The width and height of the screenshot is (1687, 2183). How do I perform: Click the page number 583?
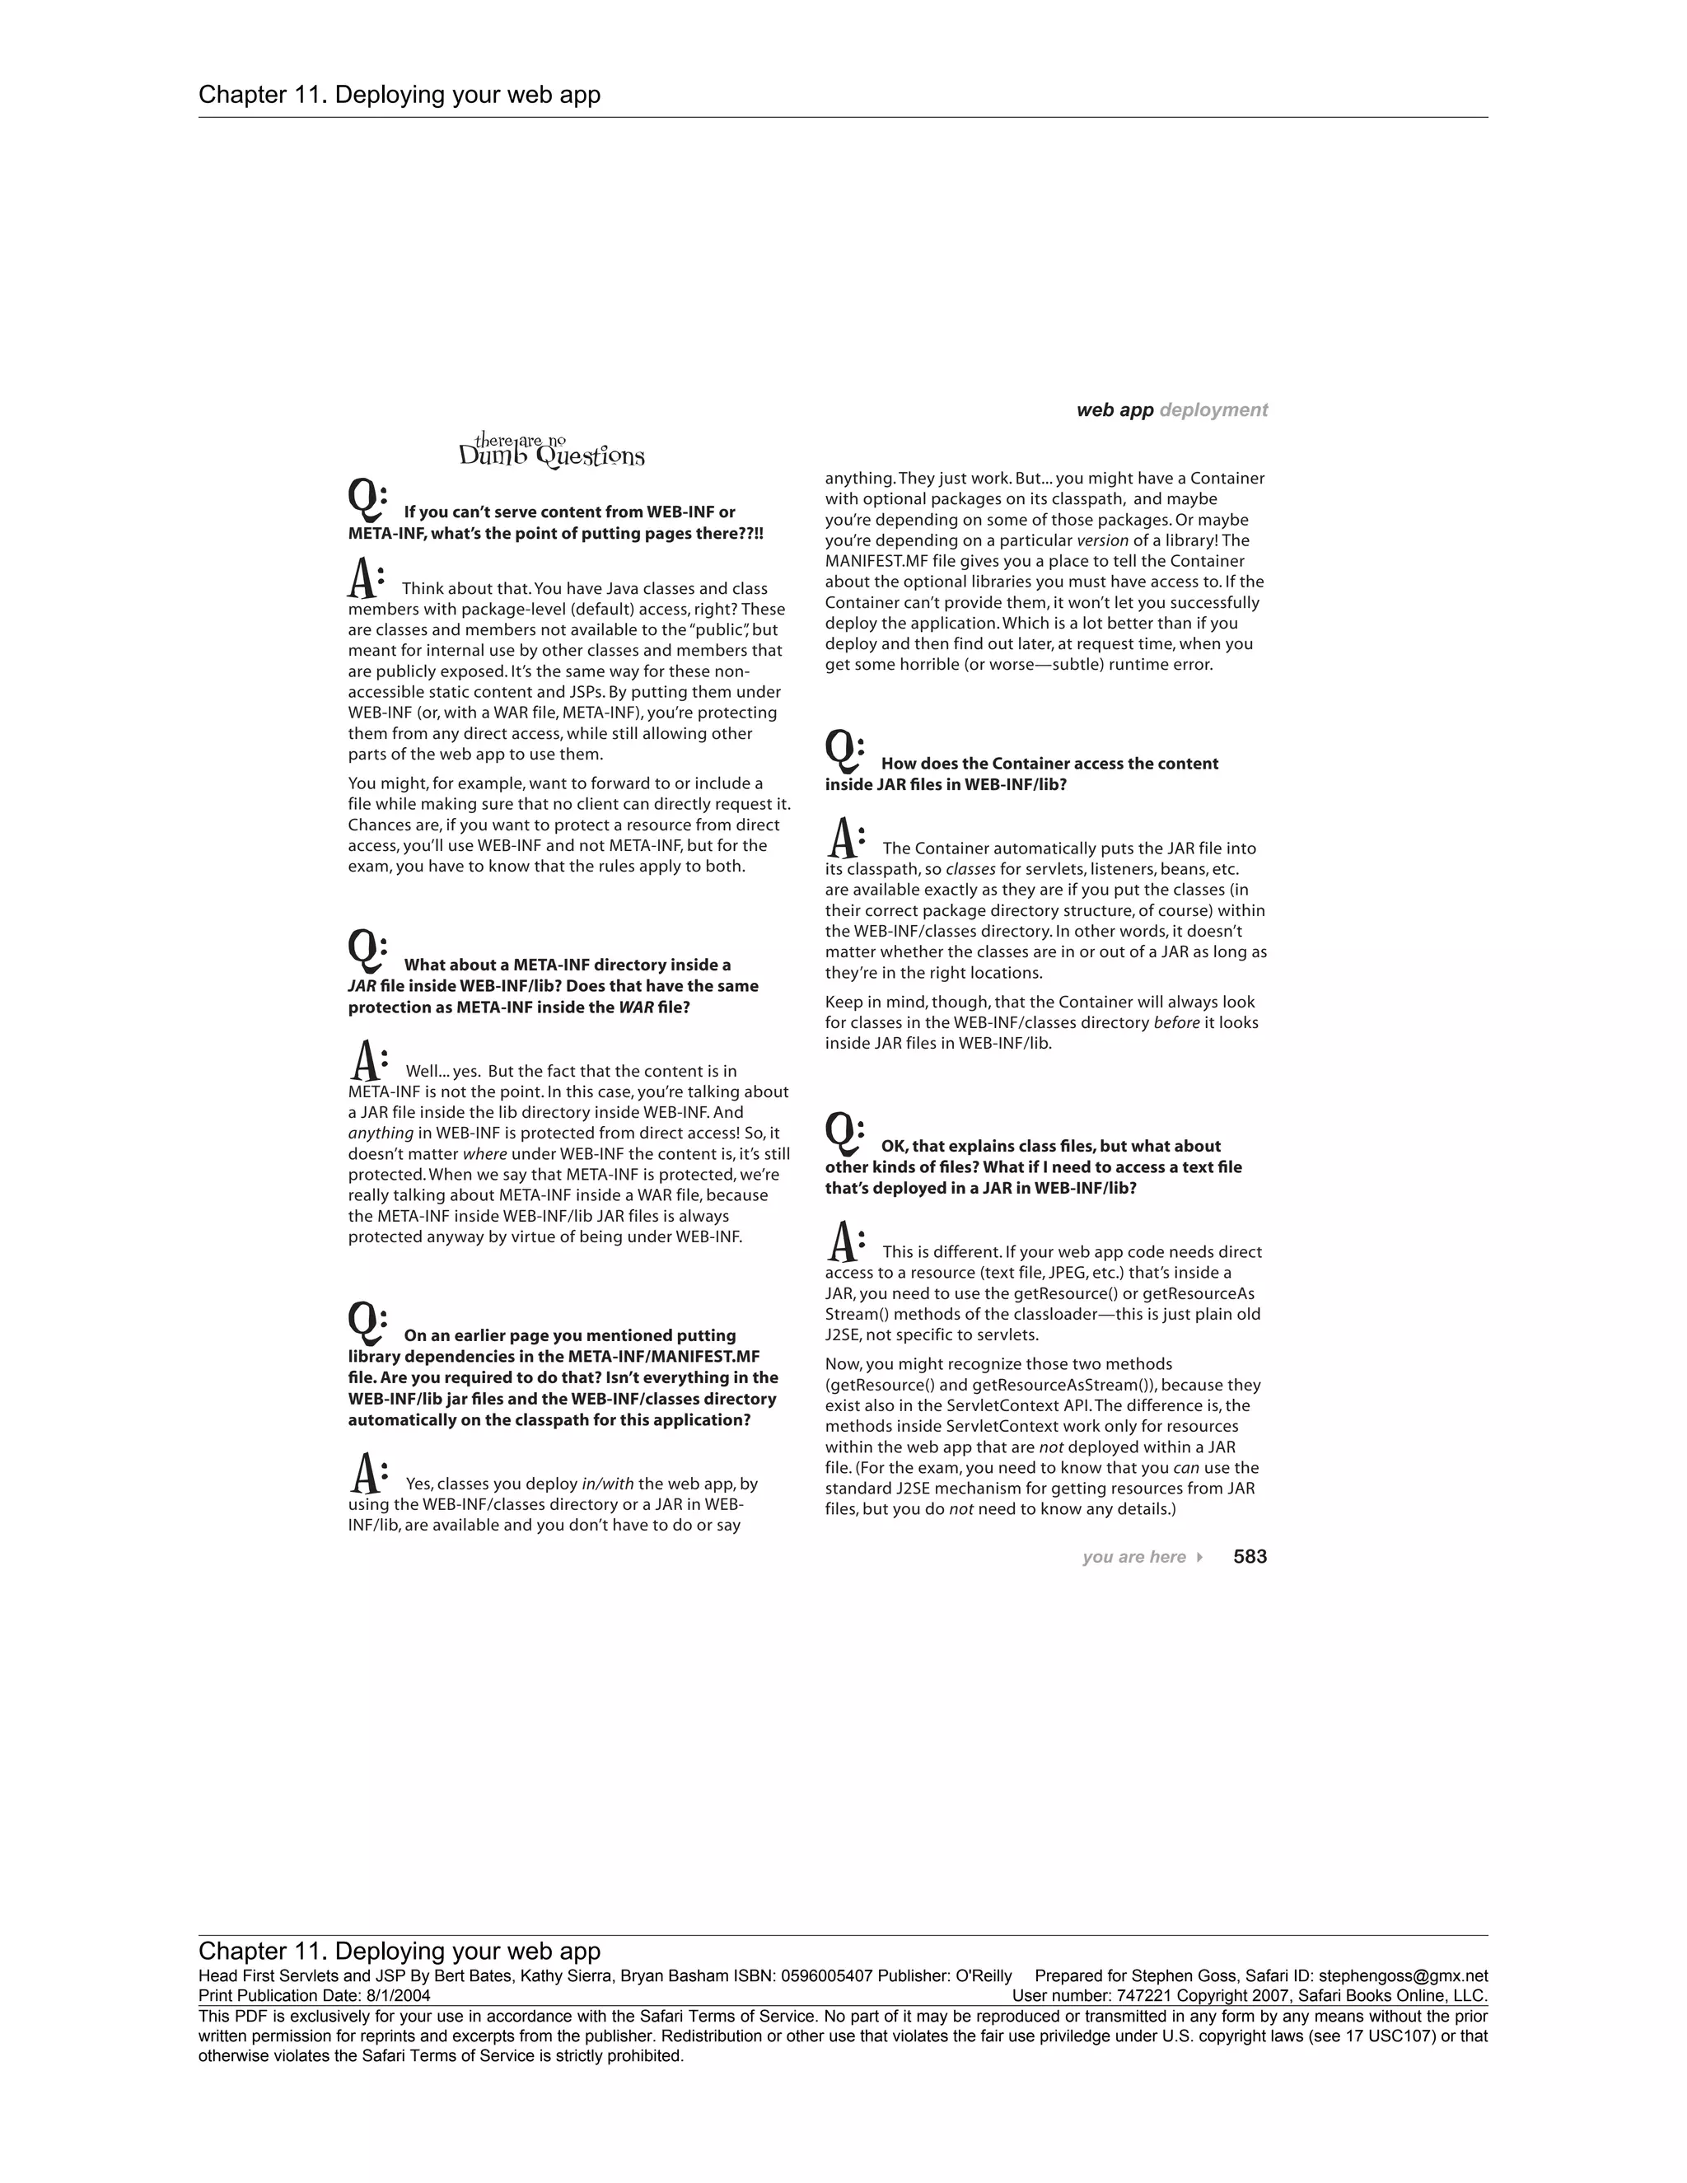tap(1250, 1556)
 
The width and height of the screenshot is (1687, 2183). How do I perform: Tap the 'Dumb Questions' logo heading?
tap(552, 451)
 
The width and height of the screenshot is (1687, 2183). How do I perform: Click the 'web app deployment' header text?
tap(1171, 409)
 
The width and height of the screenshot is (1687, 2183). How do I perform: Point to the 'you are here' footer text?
tap(1133, 1557)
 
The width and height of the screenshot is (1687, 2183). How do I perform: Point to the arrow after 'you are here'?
tap(1199, 1557)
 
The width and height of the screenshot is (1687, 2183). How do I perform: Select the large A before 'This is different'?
tap(845, 1241)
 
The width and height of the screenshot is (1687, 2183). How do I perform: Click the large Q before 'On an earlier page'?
tap(366, 1322)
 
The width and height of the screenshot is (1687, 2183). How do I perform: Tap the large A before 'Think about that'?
tap(365, 579)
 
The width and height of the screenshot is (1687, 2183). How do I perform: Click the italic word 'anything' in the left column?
tap(381, 1134)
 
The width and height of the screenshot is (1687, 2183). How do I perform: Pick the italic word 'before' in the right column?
tap(1176, 1022)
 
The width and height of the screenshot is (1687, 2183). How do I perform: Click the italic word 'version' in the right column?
tap(1101, 540)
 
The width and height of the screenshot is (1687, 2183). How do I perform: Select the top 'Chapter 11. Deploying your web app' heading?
tap(400, 95)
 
